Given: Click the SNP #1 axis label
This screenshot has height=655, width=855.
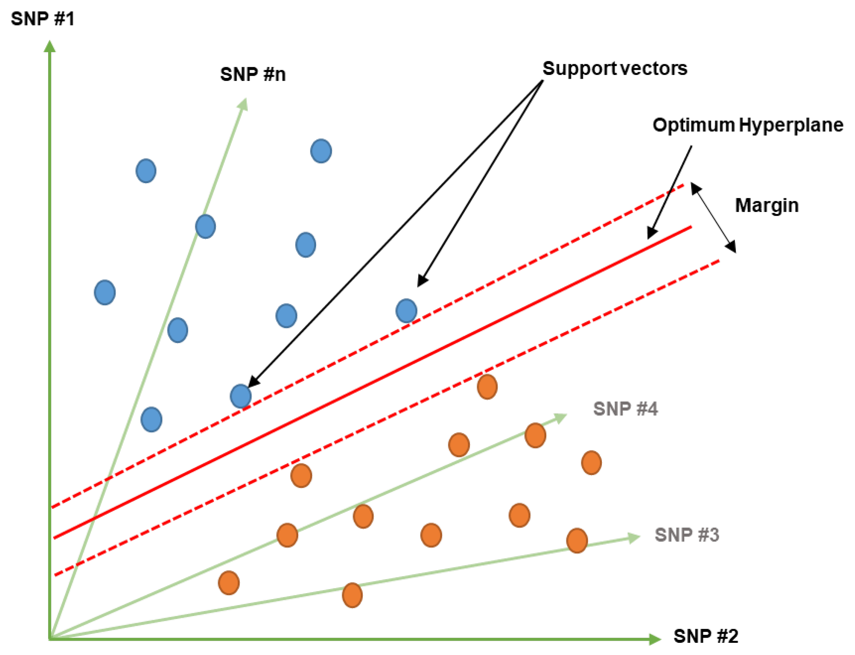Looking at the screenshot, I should [42, 19].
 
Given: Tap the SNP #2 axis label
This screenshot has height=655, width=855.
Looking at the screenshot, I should [706, 636].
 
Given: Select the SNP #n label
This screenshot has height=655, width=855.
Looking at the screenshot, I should [253, 74].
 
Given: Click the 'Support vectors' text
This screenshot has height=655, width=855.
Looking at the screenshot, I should [615, 69].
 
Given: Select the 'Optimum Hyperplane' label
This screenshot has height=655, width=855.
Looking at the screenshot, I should [747, 125].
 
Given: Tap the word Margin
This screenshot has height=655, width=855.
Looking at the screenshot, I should [766, 205].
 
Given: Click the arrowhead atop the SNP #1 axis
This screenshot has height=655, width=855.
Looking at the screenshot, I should [50, 46].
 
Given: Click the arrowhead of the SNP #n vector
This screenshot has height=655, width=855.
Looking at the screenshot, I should [243, 104].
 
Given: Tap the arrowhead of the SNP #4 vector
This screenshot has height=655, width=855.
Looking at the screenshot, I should [561, 418].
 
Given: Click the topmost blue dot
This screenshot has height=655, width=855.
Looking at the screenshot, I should [321, 151].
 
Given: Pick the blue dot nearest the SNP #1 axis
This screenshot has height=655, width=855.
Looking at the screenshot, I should [105, 292].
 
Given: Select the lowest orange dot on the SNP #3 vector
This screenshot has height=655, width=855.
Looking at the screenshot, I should [352, 595].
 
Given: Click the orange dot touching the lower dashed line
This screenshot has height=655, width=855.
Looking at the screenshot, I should [487, 387].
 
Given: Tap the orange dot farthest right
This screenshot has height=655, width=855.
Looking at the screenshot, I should [591, 463].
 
